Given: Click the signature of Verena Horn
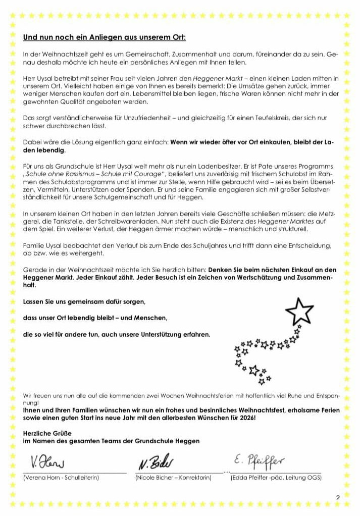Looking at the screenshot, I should click(47, 462).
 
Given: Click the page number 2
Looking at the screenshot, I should click(338, 498).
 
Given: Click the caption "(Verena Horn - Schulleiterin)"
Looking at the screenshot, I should click(61, 477).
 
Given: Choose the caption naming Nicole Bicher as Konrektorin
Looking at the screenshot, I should click(173, 477).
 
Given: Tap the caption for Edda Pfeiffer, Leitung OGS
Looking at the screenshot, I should click(276, 477).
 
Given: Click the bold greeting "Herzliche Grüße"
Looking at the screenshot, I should click(47, 433).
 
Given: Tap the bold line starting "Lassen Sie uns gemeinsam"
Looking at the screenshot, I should click(84, 301).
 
